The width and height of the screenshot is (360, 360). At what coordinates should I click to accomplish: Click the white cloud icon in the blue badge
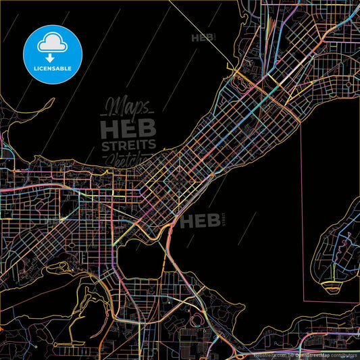pyautogui.click(x=52, y=42)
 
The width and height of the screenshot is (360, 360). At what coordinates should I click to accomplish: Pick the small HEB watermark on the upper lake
pyautogui.click(x=203, y=38)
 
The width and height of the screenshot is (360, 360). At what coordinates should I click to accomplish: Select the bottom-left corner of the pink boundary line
pyautogui.click(x=302, y=298)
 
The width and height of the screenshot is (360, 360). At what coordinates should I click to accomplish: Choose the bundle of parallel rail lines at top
pyautogui.click(x=270, y=27)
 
